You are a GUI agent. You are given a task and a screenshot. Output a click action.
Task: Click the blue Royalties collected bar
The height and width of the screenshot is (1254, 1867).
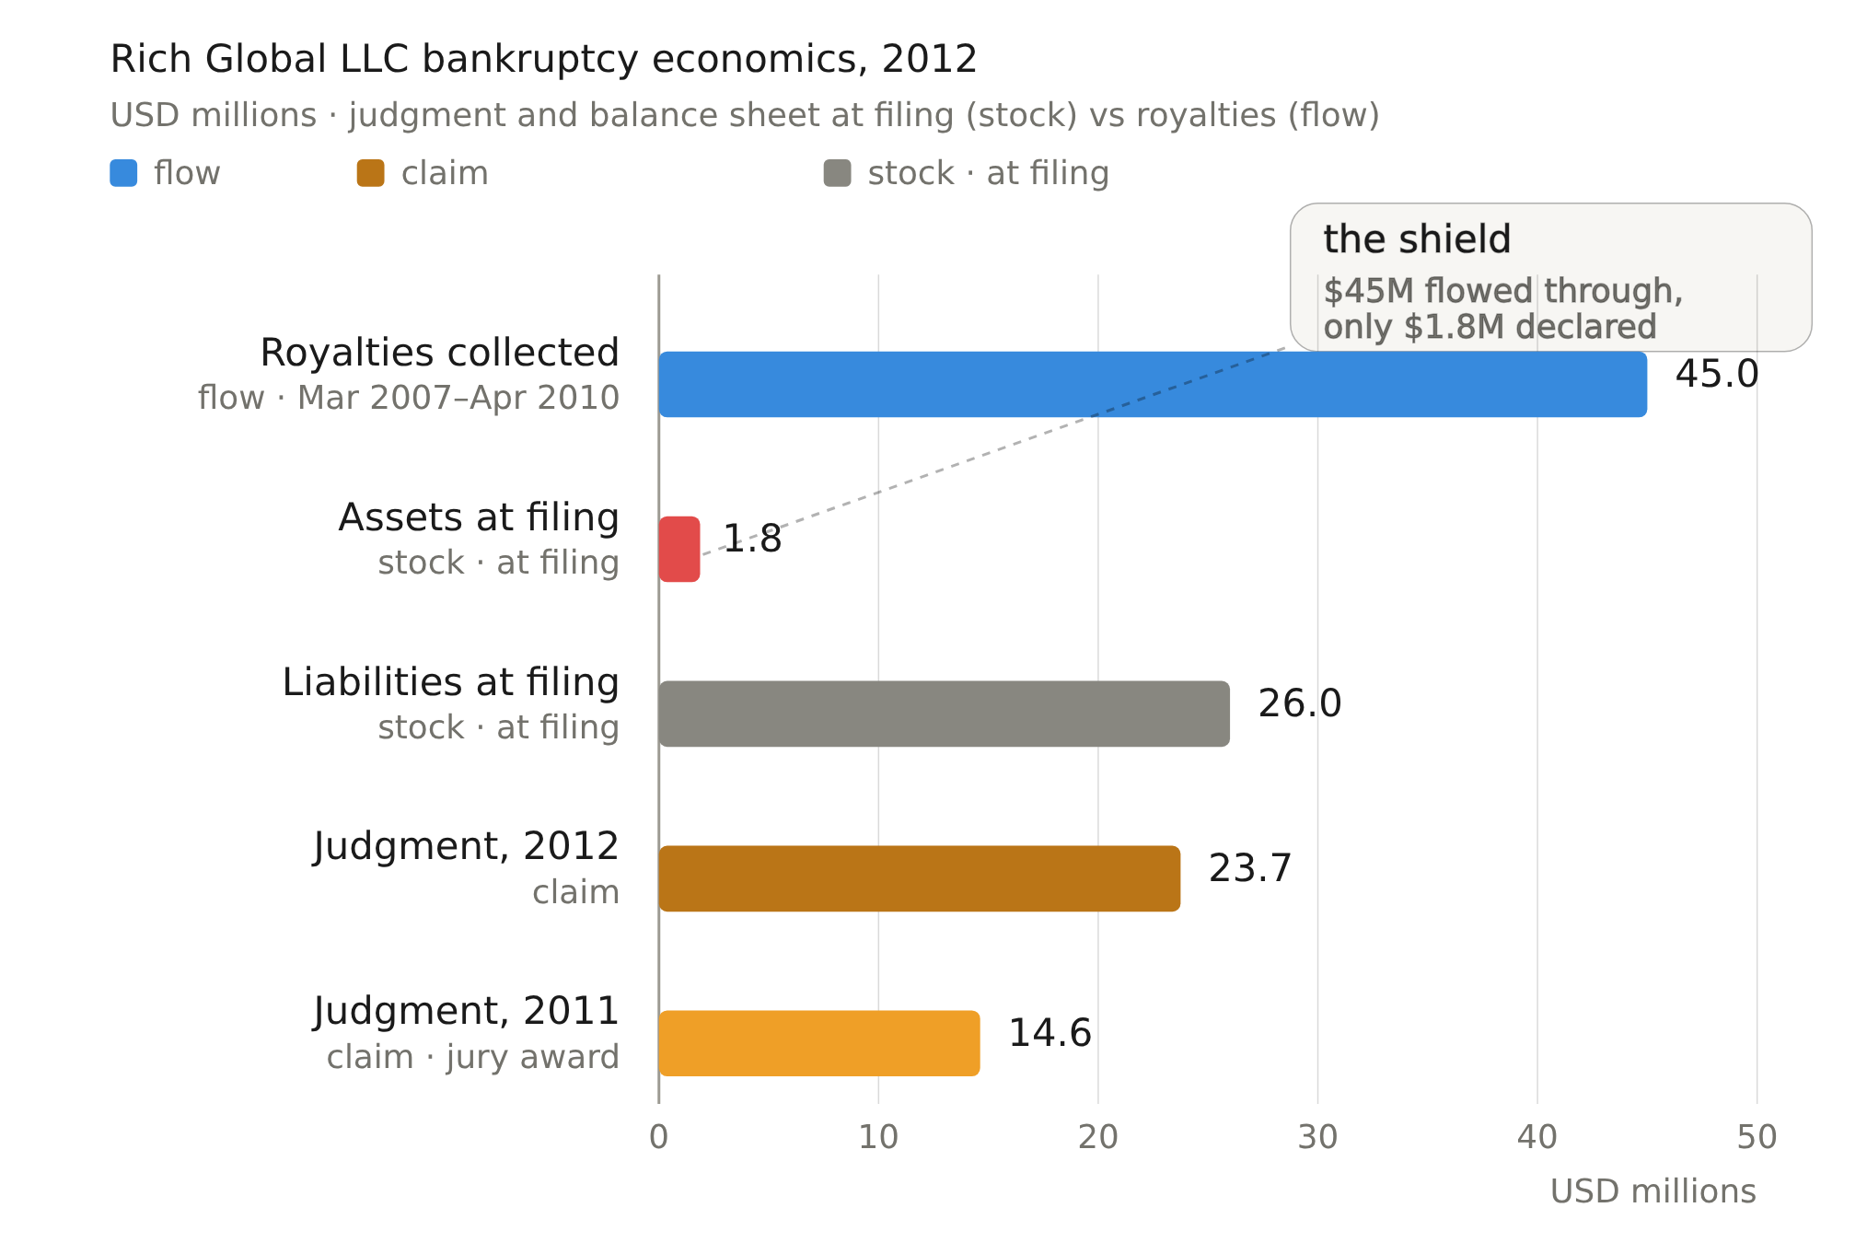(1153, 384)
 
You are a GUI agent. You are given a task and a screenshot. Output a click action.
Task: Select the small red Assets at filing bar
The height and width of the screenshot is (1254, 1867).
(679, 549)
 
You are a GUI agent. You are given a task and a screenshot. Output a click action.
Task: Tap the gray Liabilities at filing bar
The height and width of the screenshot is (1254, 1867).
(945, 714)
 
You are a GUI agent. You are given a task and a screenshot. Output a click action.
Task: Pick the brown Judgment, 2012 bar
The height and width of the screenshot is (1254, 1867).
(920, 878)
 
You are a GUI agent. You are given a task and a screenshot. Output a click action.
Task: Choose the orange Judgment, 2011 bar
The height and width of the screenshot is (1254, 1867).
(819, 1043)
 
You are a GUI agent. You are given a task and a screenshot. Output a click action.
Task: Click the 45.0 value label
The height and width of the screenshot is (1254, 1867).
(1717, 375)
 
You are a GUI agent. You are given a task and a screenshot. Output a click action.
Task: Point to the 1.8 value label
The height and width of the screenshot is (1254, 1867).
(752, 540)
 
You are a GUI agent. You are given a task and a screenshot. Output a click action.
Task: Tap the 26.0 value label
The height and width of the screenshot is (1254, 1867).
(1300, 704)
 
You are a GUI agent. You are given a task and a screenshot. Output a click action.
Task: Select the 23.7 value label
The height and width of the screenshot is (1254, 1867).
(1250, 869)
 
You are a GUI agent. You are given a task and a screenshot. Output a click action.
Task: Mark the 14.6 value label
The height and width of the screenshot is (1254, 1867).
(1050, 1034)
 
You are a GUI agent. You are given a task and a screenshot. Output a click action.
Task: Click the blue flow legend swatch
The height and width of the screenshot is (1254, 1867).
(123, 173)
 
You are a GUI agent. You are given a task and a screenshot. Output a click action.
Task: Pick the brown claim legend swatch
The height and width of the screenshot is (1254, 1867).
(371, 173)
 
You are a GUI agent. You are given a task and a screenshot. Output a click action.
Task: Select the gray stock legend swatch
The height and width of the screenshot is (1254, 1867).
(838, 173)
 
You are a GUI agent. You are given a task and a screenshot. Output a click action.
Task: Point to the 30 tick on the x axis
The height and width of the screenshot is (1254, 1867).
(1317, 1138)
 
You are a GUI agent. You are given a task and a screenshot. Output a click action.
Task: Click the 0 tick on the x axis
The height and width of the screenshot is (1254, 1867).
(659, 1138)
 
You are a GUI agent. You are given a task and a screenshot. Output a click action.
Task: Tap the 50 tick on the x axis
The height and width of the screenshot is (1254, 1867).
(1757, 1138)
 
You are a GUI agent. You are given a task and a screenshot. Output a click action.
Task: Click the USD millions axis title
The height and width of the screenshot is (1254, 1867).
(1653, 1192)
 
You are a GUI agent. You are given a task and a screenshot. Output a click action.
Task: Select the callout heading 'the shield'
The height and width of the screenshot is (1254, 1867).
(1417, 239)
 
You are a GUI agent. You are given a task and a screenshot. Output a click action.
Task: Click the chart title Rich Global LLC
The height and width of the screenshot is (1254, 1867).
(544, 60)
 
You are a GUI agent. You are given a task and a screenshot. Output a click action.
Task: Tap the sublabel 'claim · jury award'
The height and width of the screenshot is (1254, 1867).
(473, 1058)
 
